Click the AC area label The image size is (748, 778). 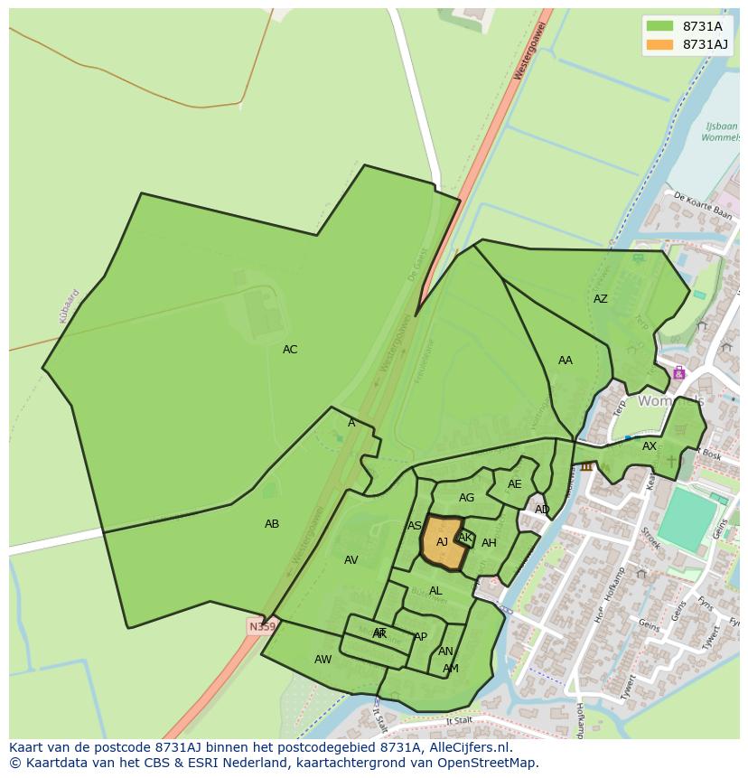coord(289,350)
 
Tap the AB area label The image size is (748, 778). coord(272,524)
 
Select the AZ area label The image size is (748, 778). coord(600,299)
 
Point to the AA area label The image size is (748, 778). coord(565,361)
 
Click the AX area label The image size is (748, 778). coord(650,446)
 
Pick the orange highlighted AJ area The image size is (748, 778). coord(442,542)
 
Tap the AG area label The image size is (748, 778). coord(466,498)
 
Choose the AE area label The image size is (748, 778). coord(514,484)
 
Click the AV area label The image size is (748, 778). coord(351,560)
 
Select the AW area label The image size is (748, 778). coord(323,660)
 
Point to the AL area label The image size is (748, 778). coord(435,591)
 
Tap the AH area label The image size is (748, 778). coord(489,543)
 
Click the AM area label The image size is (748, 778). coord(450,669)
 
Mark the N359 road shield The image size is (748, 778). coord(261,626)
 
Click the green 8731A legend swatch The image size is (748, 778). coord(659,26)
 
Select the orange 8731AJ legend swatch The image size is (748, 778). coord(659,44)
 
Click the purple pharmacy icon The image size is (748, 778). coord(678,373)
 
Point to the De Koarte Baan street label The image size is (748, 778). coord(702,205)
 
